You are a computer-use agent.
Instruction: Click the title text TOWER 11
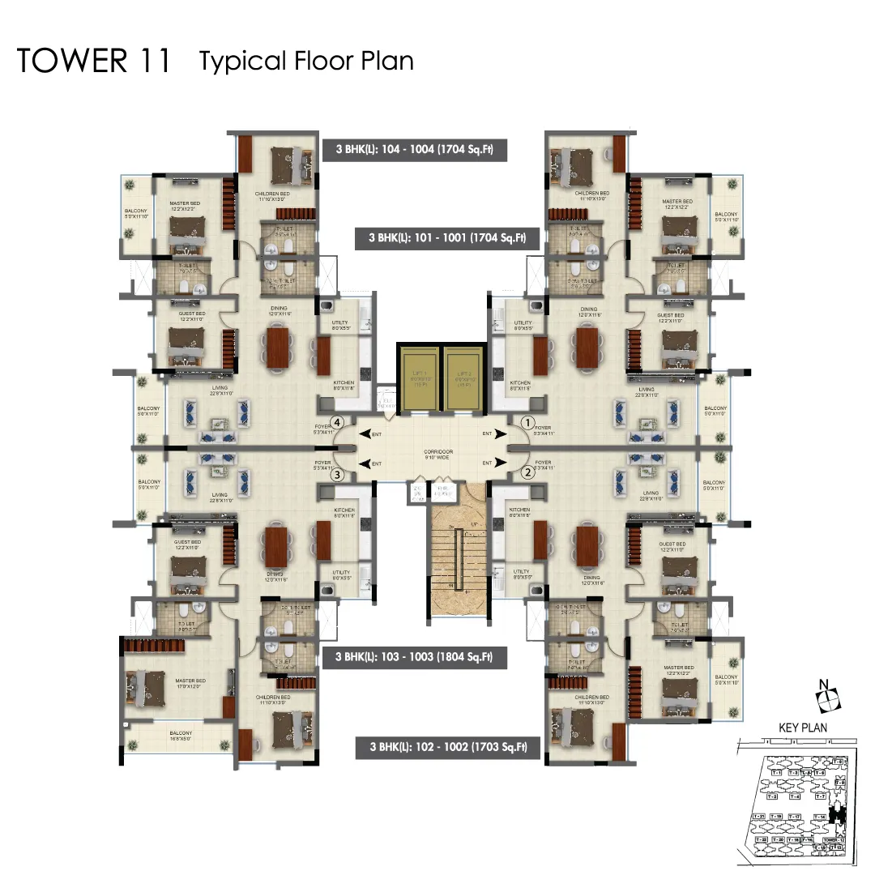(x=94, y=62)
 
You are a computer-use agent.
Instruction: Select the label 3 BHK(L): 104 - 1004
(x=415, y=149)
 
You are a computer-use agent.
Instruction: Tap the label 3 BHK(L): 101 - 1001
(x=448, y=238)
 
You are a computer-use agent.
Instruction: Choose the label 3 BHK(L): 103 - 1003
(x=415, y=657)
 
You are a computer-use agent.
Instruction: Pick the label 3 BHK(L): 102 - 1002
(x=448, y=747)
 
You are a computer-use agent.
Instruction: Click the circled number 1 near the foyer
(x=527, y=422)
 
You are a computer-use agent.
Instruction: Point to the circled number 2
(x=527, y=473)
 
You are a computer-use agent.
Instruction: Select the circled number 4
(x=338, y=422)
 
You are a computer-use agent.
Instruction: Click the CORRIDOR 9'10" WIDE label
(x=437, y=455)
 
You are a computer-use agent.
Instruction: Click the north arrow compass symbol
(x=827, y=695)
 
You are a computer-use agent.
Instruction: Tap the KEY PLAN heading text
(x=803, y=728)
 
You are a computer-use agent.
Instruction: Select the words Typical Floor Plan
(x=306, y=62)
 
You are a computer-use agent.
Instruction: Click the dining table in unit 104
(x=276, y=347)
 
